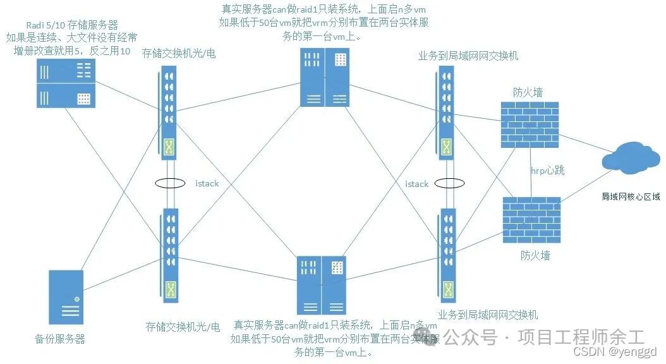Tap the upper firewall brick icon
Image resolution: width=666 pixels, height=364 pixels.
pyautogui.click(x=527, y=124)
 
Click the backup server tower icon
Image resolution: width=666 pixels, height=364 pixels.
pyautogui.click(x=66, y=297)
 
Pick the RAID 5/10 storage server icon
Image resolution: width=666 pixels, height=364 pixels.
pyautogui.click(x=66, y=83)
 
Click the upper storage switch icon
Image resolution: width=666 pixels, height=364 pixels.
pyautogui.click(x=168, y=113)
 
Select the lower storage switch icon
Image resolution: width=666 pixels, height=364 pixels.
pyautogui.click(x=169, y=255)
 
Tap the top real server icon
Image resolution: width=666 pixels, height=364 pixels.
pyautogui.click(x=324, y=77)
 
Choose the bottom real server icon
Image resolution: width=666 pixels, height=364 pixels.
pyautogui.click(x=322, y=285)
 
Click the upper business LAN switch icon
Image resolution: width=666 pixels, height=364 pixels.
pyautogui.click(x=445, y=113)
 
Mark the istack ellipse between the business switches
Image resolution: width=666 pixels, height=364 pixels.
pyautogui.click(x=449, y=183)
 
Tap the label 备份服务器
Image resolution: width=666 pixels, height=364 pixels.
pyautogui.click(x=60, y=339)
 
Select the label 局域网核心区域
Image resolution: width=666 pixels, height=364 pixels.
pyautogui.click(x=630, y=197)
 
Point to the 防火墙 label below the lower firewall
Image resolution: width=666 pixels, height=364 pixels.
pyautogui.click(x=535, y=255)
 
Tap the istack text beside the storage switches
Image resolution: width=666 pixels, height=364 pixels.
pyautogui.click(x=207, y=183)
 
